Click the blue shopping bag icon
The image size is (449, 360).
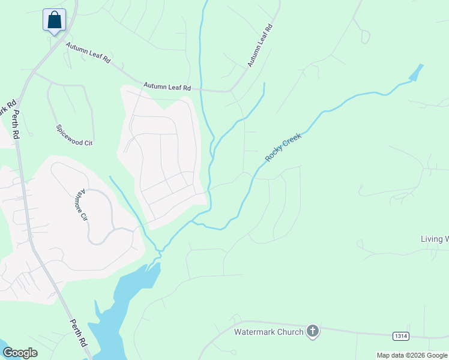coord(54,20)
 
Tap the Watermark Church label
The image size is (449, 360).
coord(268,331)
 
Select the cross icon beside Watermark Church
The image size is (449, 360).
coord(312,331)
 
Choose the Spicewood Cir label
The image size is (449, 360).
coord(74,136)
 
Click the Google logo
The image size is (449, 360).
coord(20,353)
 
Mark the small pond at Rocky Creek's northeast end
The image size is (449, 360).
coord(415,74)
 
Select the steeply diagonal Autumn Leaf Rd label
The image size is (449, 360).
coord(259,46)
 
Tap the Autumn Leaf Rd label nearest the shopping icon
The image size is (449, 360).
coord(88,53)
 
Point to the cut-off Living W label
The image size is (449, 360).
coord(435,239)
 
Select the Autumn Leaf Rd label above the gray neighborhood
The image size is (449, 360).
coord(167,87)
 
